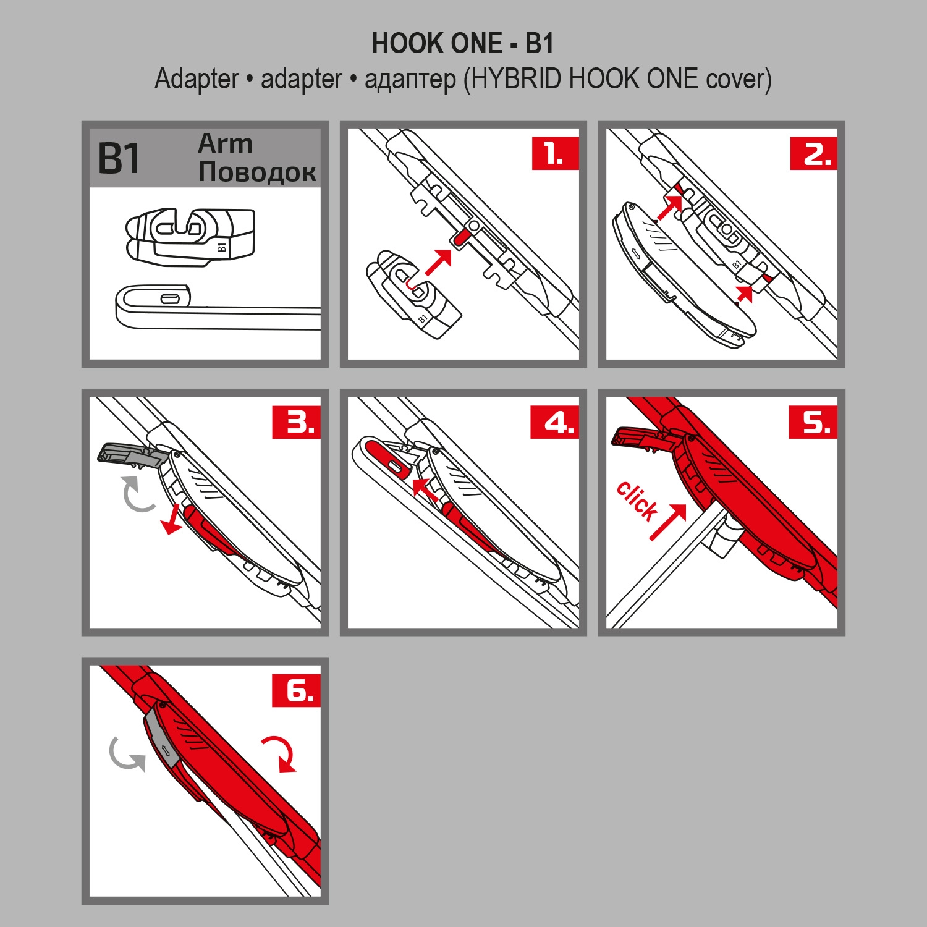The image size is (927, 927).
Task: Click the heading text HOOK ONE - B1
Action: point(463,44)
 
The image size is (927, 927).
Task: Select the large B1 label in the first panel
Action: point(120,159)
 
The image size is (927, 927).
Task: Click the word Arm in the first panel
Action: point(226,143)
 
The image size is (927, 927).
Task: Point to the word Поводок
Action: point(257,172)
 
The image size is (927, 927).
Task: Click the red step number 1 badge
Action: point(555,153)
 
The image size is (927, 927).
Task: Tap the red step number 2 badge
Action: point(814,153)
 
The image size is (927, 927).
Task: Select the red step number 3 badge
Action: point(297,423)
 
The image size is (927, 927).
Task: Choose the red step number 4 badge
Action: point(555,423)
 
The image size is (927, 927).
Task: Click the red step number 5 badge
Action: point(813,423)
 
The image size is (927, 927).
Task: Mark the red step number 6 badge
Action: point(297,690)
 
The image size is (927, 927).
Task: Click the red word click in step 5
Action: point(637,500)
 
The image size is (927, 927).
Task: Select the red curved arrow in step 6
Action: point(281,751)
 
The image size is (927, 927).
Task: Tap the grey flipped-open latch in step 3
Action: point(131,454)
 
